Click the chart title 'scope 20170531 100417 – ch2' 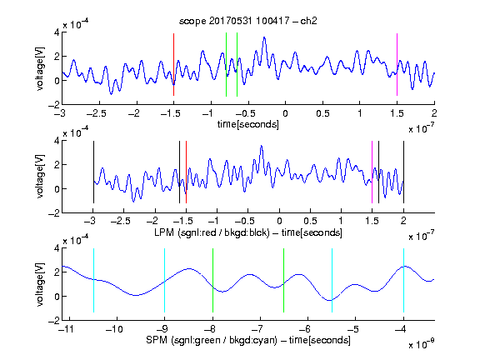pyautogui.click(x=248, y=21)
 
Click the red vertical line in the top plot pyautogui.click(x=173, y=65)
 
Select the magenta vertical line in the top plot pyautogui.click(x=397, y=65)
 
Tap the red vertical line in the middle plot pyautogui.click(x=186, y=172)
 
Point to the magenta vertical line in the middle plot pyautogui.click(x=372, y=172)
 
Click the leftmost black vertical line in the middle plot pyautogui.click(x=93, y=172)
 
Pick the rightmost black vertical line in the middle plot pyautogui.click(x=403, y=172)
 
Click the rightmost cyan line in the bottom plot pyautogui.click(x=403, y=280)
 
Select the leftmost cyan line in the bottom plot pyautogui.click(x=93, y=280)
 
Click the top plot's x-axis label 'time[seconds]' pyautogui.click(x=248, y=124)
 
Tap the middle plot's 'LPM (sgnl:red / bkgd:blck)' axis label pyautogui.click(x=212, y=232)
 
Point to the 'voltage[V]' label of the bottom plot pyautogui.click(x=40, y=284)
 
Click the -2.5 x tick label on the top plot pyautogui.click(x=97, y=113)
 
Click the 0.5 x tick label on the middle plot pyautogui.click(x=310, y=221)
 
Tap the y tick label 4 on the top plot pyautogui.click(x=57, y=32)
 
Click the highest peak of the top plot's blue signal pyautogui.click(x=264, y=37)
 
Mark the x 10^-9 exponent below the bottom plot pyautogui.click(x=422, y=343)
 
